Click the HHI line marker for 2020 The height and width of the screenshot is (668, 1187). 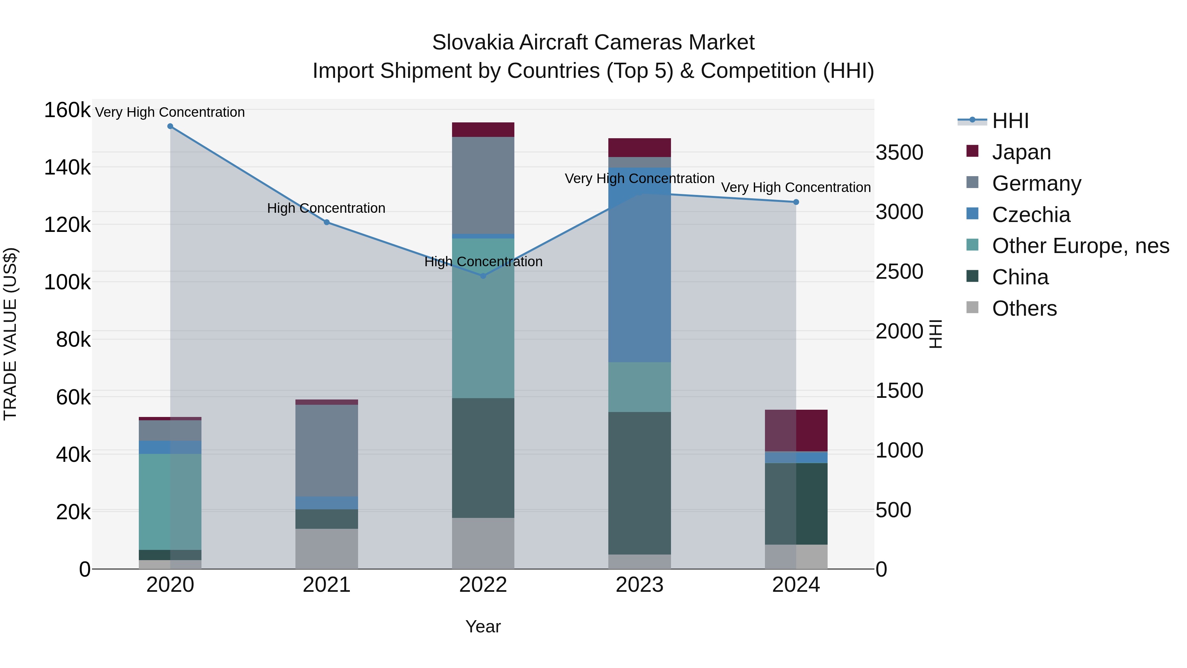(x=170, y=126)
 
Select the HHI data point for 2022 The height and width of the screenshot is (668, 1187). (x=483, y=276)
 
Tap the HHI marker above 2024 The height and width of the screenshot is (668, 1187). (x=796, y=202)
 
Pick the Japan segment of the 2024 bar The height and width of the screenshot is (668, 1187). (x=796, y=430)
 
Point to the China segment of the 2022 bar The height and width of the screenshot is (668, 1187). (x=483, y=458)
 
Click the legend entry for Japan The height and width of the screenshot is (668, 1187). (x=1021, y=152)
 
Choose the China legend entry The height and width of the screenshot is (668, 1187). (x=1020, y=277)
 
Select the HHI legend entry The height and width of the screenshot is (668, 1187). (x=1010, y=121)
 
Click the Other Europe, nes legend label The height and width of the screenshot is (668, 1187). (x=1080, y=246)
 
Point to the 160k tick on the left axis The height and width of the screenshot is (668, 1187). (x=67, y=111)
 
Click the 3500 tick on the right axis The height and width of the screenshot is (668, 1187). (x=899, y=153)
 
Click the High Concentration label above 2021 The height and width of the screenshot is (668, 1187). (x=326, y=208)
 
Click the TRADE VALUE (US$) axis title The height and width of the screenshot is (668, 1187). (x=10, y=334)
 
